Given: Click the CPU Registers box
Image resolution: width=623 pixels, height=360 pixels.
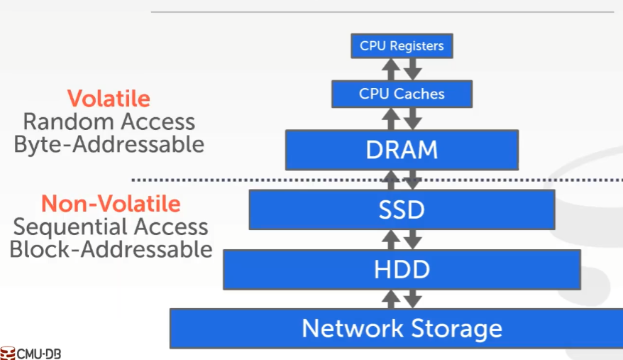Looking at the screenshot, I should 402,46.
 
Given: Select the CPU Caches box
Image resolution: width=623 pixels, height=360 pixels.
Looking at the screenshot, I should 402,94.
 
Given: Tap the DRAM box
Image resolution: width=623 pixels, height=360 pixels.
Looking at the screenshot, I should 402,150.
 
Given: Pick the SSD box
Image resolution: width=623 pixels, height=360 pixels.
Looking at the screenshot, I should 402,209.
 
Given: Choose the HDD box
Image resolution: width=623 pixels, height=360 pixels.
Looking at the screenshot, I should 402,269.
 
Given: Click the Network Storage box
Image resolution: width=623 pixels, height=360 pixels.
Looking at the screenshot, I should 402,328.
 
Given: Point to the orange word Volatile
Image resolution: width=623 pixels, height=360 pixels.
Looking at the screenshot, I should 109,99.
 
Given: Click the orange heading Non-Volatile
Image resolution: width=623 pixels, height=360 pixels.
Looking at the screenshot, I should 111,204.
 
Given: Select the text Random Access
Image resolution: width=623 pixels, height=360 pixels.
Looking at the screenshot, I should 109,121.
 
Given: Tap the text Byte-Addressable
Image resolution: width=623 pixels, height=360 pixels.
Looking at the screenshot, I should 109,144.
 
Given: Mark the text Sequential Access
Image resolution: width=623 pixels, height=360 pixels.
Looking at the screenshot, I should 111,227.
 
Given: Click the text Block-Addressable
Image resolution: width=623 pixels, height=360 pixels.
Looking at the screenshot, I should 111,250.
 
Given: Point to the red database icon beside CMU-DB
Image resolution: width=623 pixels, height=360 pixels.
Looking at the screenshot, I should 8,353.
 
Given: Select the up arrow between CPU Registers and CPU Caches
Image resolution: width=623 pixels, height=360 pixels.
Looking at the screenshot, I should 390,70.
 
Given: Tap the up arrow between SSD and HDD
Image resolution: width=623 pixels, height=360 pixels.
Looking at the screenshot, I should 390,239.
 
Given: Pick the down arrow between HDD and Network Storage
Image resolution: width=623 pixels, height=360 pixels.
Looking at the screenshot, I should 414,298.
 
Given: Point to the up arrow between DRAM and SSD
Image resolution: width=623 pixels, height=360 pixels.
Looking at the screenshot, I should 390,180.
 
